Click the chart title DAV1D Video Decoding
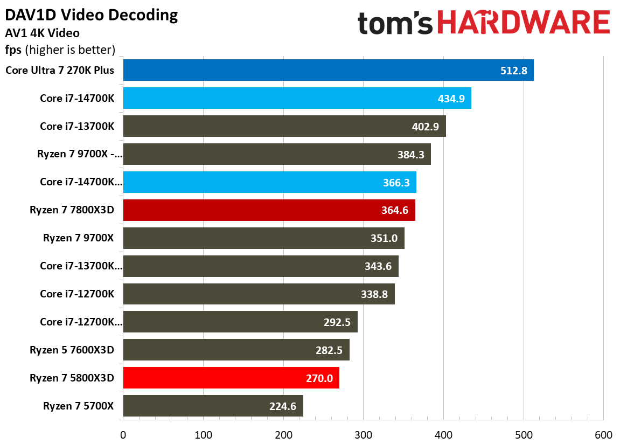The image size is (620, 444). [x=92, y=15]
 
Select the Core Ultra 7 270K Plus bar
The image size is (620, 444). [x=328, y=70]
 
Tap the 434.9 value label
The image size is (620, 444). [x=451, y=99]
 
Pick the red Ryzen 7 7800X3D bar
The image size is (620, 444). [x=269, y=210]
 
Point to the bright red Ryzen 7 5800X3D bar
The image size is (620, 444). [x=231, y=378]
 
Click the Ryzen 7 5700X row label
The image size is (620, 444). [x=78, y=406]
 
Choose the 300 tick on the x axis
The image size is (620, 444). [x=364, y=435]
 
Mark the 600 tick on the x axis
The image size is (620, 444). [x=603, y=435]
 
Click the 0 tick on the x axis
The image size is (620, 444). [x=123, y=435]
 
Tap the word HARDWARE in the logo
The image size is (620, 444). [x=523, y=22]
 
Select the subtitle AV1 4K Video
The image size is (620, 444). [x=43, y=33]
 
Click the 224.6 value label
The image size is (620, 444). [x=283, y=406]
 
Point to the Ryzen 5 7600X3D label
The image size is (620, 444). [x=72, y=350]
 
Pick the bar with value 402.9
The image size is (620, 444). [x=284, y=126]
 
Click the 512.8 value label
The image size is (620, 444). [x=514, y=71]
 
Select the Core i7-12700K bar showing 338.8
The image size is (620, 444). [x=259, y=294]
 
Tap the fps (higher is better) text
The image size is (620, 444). [x=60, y=50]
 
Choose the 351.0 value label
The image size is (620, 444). [x=384, y=238]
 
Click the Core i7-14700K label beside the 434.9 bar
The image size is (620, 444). [x=77, y=98]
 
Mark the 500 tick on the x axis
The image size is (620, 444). [x=524, y=435]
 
